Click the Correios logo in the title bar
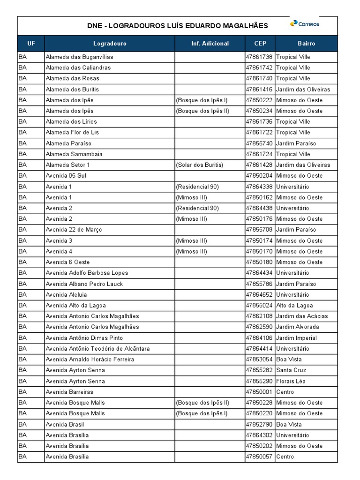click(x=305, y=24)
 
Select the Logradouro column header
click(x=110, y=44)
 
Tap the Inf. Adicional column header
click(x=210, y=44)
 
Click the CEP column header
click(x=260, y=44)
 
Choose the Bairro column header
click(x=306, y=44)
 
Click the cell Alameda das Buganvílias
click(x=79, y=57)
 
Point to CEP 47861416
click(x=259, y=89)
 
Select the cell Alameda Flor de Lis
click(x=72, y=132)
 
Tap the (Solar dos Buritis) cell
click(x=200, y=165)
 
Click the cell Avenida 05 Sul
click(x=66, y=176)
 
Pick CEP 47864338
click(x=259, y=187)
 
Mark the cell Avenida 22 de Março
click(x=74, y=230)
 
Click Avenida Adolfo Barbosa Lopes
click(x=87, y=273)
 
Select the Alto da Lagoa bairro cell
click(x=295, y=306)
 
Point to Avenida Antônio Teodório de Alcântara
click(x=98, y=349)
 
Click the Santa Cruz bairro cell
click(x=291, y=370)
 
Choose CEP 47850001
click(x=259, y=392)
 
